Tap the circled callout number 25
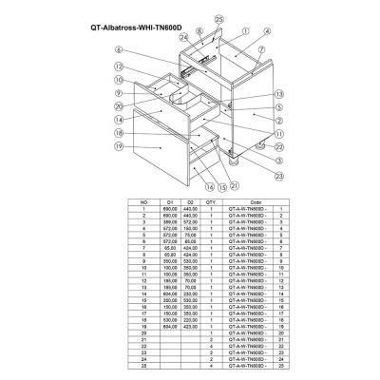pyautogui.click(x=219, y=18)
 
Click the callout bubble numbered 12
pyautogui.click(x=119, y=66)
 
